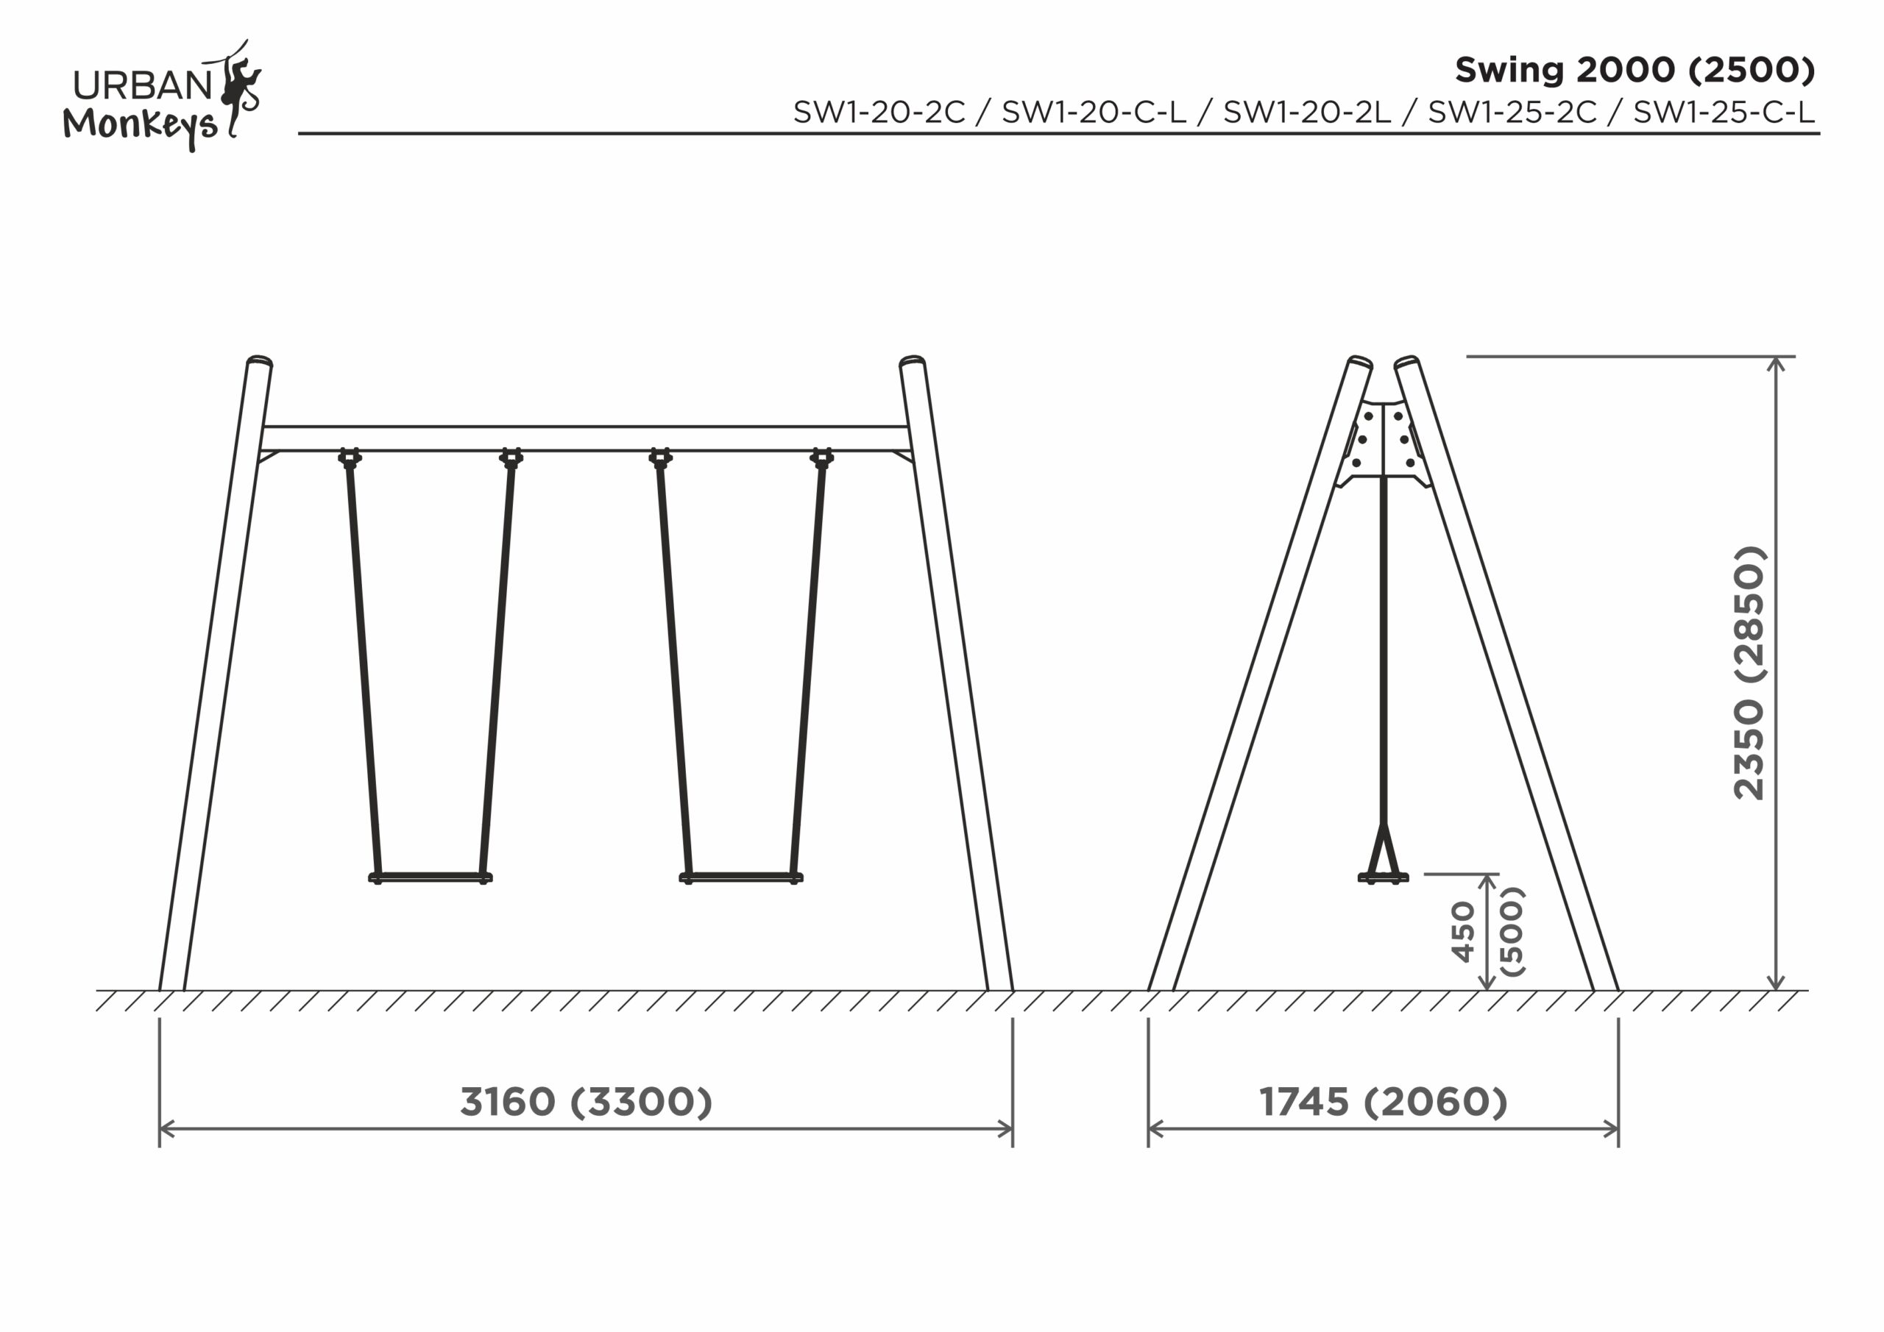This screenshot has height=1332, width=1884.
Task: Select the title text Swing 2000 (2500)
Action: click(x=1635, y=71)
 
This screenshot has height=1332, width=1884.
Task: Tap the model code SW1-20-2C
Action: click(x=879, y=113)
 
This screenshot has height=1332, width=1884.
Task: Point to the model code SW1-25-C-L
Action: click(x=1724, y=113)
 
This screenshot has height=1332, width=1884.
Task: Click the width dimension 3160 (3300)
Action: click(x=586, y=1102)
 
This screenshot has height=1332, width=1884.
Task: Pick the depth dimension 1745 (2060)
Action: click(x=1384, y=1102)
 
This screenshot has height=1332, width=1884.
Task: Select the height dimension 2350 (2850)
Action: click(x=1749, y=672)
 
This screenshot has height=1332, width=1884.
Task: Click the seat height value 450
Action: click(x=1463, y=932)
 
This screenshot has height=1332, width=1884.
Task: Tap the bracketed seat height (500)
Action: click(x=1512, y=932)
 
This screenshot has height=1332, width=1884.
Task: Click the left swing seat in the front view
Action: click(x=430, y=877)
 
